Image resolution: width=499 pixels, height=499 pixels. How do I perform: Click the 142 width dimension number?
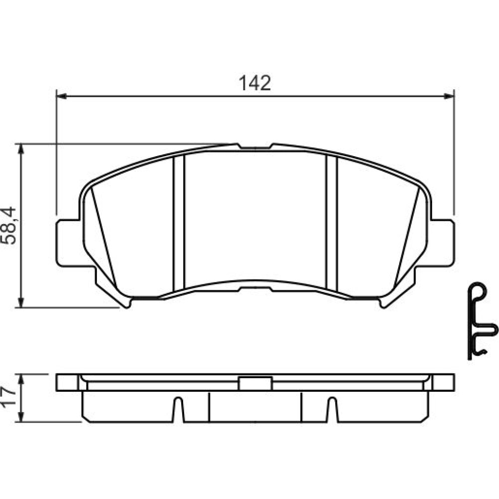[x=254, y=83]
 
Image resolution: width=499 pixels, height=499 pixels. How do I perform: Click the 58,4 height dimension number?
[x=8, y=226]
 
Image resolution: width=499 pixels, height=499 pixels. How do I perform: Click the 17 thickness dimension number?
[x=8, y=396]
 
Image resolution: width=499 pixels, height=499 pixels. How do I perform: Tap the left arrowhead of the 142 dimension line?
[x=61, y=96]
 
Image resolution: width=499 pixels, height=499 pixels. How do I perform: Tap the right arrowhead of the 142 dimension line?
[x=449, y=96]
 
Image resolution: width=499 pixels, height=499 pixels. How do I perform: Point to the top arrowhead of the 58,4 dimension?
[x=21, y=149]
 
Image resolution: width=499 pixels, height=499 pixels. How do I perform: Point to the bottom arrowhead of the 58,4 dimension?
[x=21, y=302]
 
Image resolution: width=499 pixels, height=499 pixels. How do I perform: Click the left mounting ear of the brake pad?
[x=68, y=243]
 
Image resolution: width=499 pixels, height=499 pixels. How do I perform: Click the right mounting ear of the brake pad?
[x=442, y=243]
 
